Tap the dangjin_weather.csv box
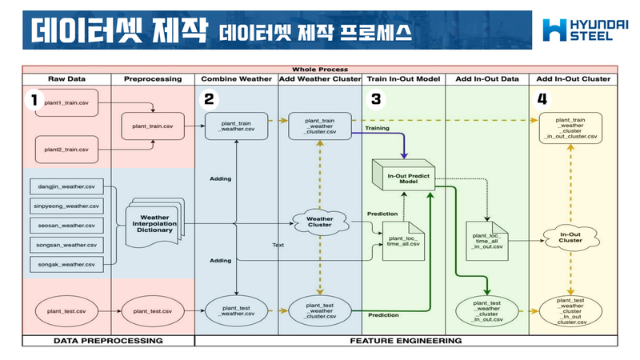[x=67, y=186]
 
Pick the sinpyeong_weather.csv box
[x=67, y=206]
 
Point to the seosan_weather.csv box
[x=67, y=226]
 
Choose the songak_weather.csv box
[x=67, y=264]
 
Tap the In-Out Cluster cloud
[x=570, y=236]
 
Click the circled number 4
[x=543, y=100]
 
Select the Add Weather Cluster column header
[x=320, y=79]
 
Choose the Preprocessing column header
[x=153, y=79]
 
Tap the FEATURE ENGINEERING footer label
[x=406, y=341]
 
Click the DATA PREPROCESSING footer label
[x=108, y=341]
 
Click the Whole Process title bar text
[x=320, y=70]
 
